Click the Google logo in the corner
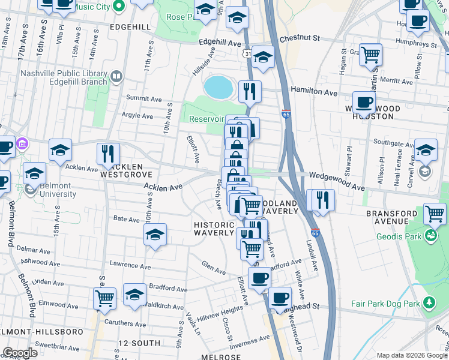coord(20,353)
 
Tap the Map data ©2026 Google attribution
coord(411,355)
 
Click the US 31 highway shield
coord(247,54)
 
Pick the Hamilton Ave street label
coord(314,92)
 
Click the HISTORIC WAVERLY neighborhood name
coord(213,229)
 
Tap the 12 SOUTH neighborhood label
coord(139,343)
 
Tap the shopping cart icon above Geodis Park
coord(435,213)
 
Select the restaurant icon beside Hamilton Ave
coord(250,91)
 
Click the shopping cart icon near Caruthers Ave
coord(105,298)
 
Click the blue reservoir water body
coord(218,88)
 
